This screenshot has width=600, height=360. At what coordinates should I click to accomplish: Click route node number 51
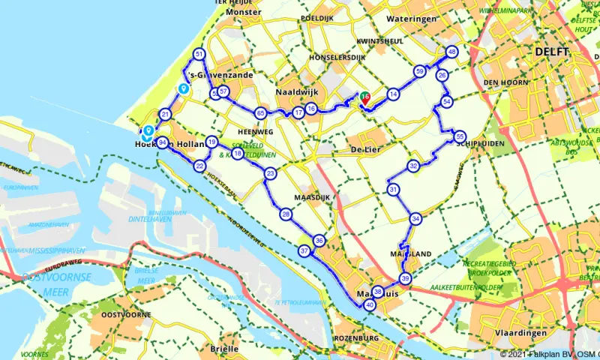199,54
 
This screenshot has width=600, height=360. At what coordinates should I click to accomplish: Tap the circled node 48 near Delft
451,52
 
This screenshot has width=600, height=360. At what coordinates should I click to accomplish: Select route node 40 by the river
369,305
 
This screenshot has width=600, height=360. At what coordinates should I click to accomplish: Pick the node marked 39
406,278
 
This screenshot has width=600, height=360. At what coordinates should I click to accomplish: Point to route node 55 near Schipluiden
460,136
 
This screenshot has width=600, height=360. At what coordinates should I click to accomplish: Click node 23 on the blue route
270,173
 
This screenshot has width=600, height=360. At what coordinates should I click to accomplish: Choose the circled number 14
392,94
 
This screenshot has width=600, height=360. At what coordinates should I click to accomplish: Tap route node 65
260,112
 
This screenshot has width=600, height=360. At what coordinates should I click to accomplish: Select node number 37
304,250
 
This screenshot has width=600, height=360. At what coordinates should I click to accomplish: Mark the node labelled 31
393,190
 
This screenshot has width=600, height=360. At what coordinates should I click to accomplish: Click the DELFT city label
552,51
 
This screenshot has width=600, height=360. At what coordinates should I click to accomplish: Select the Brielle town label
225,349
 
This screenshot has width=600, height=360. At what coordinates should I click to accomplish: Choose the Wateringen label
411,17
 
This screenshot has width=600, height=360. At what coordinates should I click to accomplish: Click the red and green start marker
364,97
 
